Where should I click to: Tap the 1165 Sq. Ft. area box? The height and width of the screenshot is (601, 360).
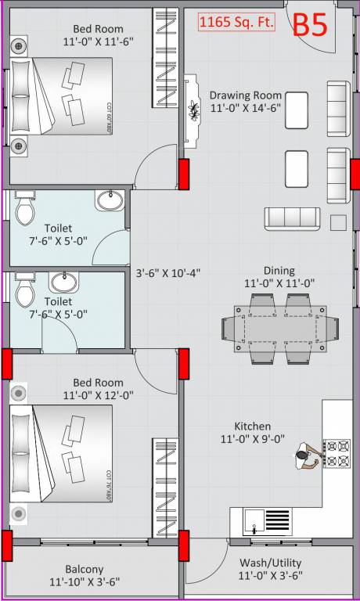coord(237,23)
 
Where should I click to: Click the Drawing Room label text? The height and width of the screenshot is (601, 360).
coord(246,95)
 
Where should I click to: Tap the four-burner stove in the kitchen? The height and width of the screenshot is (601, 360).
coord(337,453)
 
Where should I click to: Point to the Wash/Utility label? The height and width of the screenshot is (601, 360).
coord(269,563)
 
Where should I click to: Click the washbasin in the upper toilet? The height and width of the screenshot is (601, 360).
coord(110,201)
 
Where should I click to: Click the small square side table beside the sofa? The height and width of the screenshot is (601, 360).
coord(338,223)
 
